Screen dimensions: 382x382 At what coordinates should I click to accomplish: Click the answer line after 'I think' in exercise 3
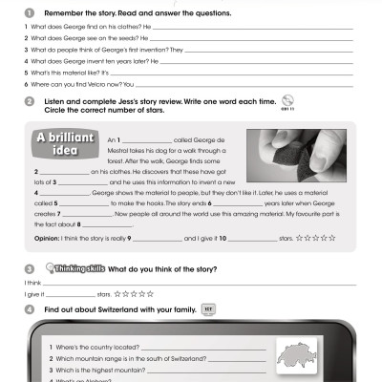tap(191, 284)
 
